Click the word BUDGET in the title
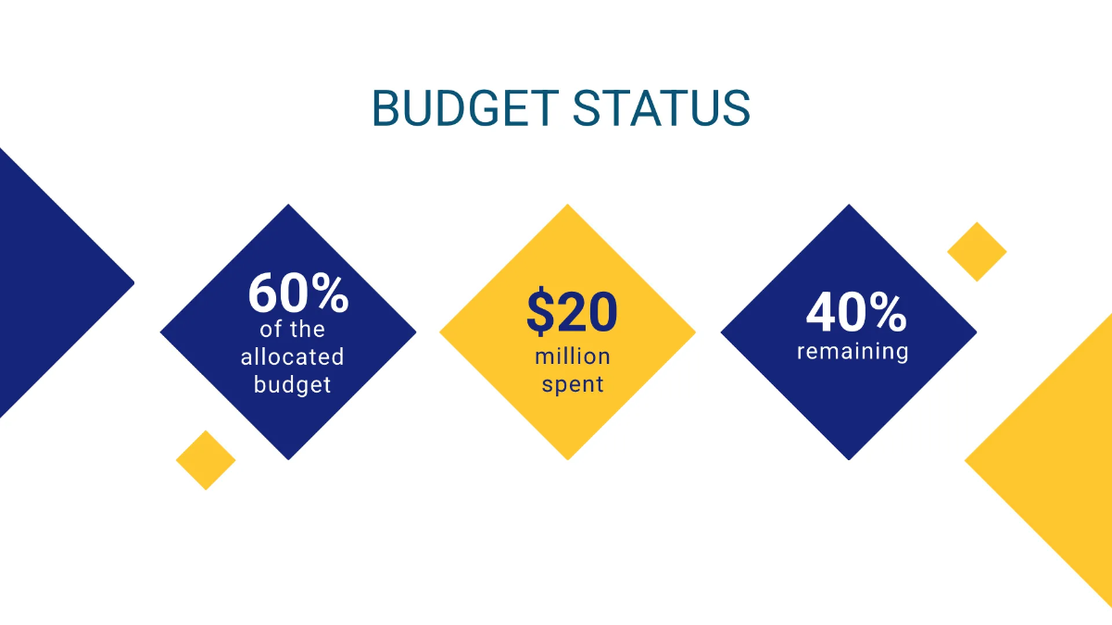coord(463,109)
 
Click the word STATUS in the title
coord(660,109)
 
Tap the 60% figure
coord(297,293)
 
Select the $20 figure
coord(572,312)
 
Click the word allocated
coord(292,356)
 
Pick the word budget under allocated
coord(292,384)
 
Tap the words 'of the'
coord(292,330)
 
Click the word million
coord(572,356)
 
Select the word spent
coord(572,384)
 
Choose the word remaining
coord(853,352)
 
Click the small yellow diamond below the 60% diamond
coord(206,460)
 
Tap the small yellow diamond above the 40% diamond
coord(977,252)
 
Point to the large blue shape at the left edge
coord(46,282)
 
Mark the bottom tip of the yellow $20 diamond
coord(567,456)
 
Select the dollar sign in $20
coord(539,312)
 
